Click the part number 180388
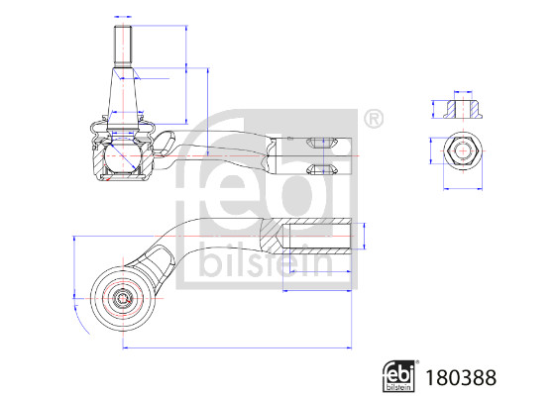coord(461,377)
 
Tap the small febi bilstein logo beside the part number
coord(399,376)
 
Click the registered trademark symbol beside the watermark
coord(374,119)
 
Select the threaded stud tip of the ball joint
coord(123,47)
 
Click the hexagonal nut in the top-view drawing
coord(463,150)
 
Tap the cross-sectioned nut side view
coord(463,110)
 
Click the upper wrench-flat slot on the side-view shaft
coord(322,143)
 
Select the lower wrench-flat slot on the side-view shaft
coord(322,169)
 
